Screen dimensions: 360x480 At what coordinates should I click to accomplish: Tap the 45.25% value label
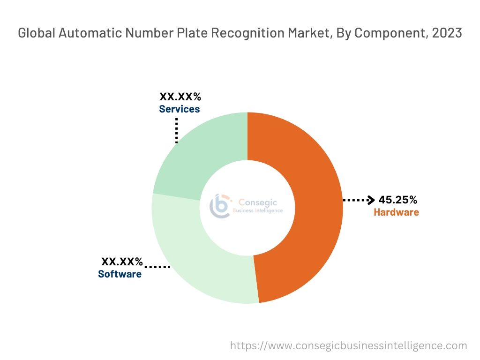(397, 200)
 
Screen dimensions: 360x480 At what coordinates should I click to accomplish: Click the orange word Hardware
(396, 212)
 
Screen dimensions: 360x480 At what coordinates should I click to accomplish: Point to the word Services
(179, 109)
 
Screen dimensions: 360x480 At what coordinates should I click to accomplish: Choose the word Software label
(120, 274)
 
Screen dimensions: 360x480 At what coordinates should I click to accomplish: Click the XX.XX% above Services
(180, 97)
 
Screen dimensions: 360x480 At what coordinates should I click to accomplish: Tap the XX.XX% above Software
(122, 262)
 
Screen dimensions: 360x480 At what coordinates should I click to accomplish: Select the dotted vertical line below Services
(176, 130)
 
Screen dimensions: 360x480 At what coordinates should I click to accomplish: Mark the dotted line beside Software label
(157, 267)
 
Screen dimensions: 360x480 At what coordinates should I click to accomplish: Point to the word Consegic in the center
(258, 202)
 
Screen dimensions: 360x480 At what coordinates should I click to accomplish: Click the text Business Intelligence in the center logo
(258, 211)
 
